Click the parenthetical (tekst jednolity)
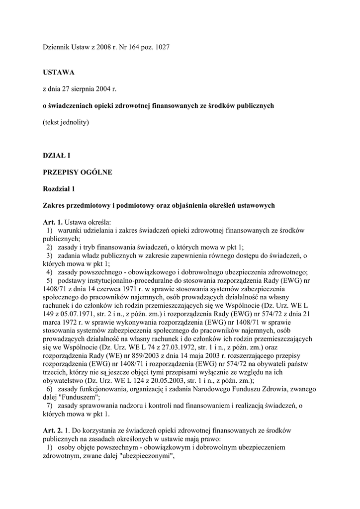pyautogui.click(x=66, y=122)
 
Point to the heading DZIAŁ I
pyautogui.click(x=56, y=156)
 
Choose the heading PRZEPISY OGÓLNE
pyautogui.click(x=78, y=172)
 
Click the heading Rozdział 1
pyautogui.click(x=59, y=189)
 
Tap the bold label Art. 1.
pyautogui.click(x=52, y=222)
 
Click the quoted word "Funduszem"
pyautogui.click(x=79, y=398)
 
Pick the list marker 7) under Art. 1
pyautogui.click(x=49, y=406)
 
